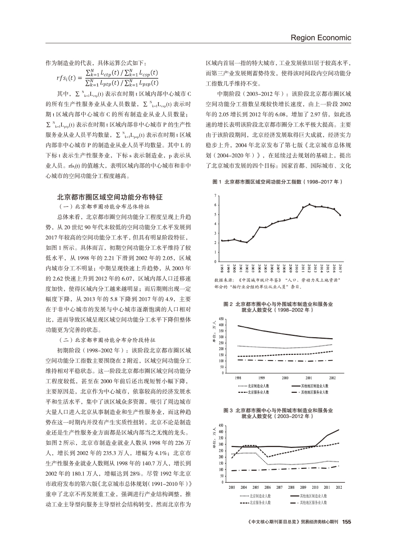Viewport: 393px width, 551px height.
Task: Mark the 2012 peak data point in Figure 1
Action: (310, 204)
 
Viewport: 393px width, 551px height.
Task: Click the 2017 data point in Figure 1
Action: (340, 215)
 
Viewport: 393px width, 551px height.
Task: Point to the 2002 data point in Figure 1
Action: (247, 242)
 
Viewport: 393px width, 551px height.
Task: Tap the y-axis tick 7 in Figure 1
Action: (216, 196)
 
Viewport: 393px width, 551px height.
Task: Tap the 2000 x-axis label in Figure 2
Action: (285, 378)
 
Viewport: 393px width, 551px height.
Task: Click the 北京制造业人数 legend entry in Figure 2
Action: (253, 386)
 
